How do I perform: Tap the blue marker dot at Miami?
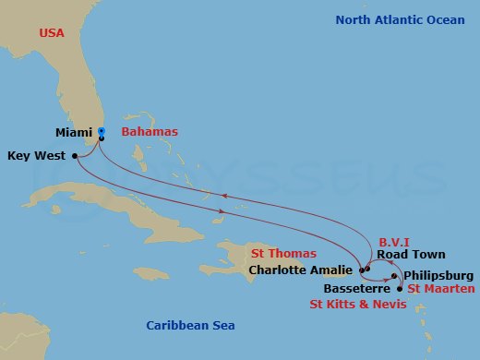(x=102, y=131)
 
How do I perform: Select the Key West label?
(x=36, y=156)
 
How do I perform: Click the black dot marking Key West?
(x=75, y=156)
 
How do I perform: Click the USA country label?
(x=53, y=33)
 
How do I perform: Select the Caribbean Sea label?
(x=191, y=325)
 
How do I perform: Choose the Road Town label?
(x=411, y=255)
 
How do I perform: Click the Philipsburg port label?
(x=438, y=275)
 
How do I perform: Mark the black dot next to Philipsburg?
(x=394, y=276)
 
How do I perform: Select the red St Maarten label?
(x=441, y=289)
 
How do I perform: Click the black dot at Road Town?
(x=367, y=270)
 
